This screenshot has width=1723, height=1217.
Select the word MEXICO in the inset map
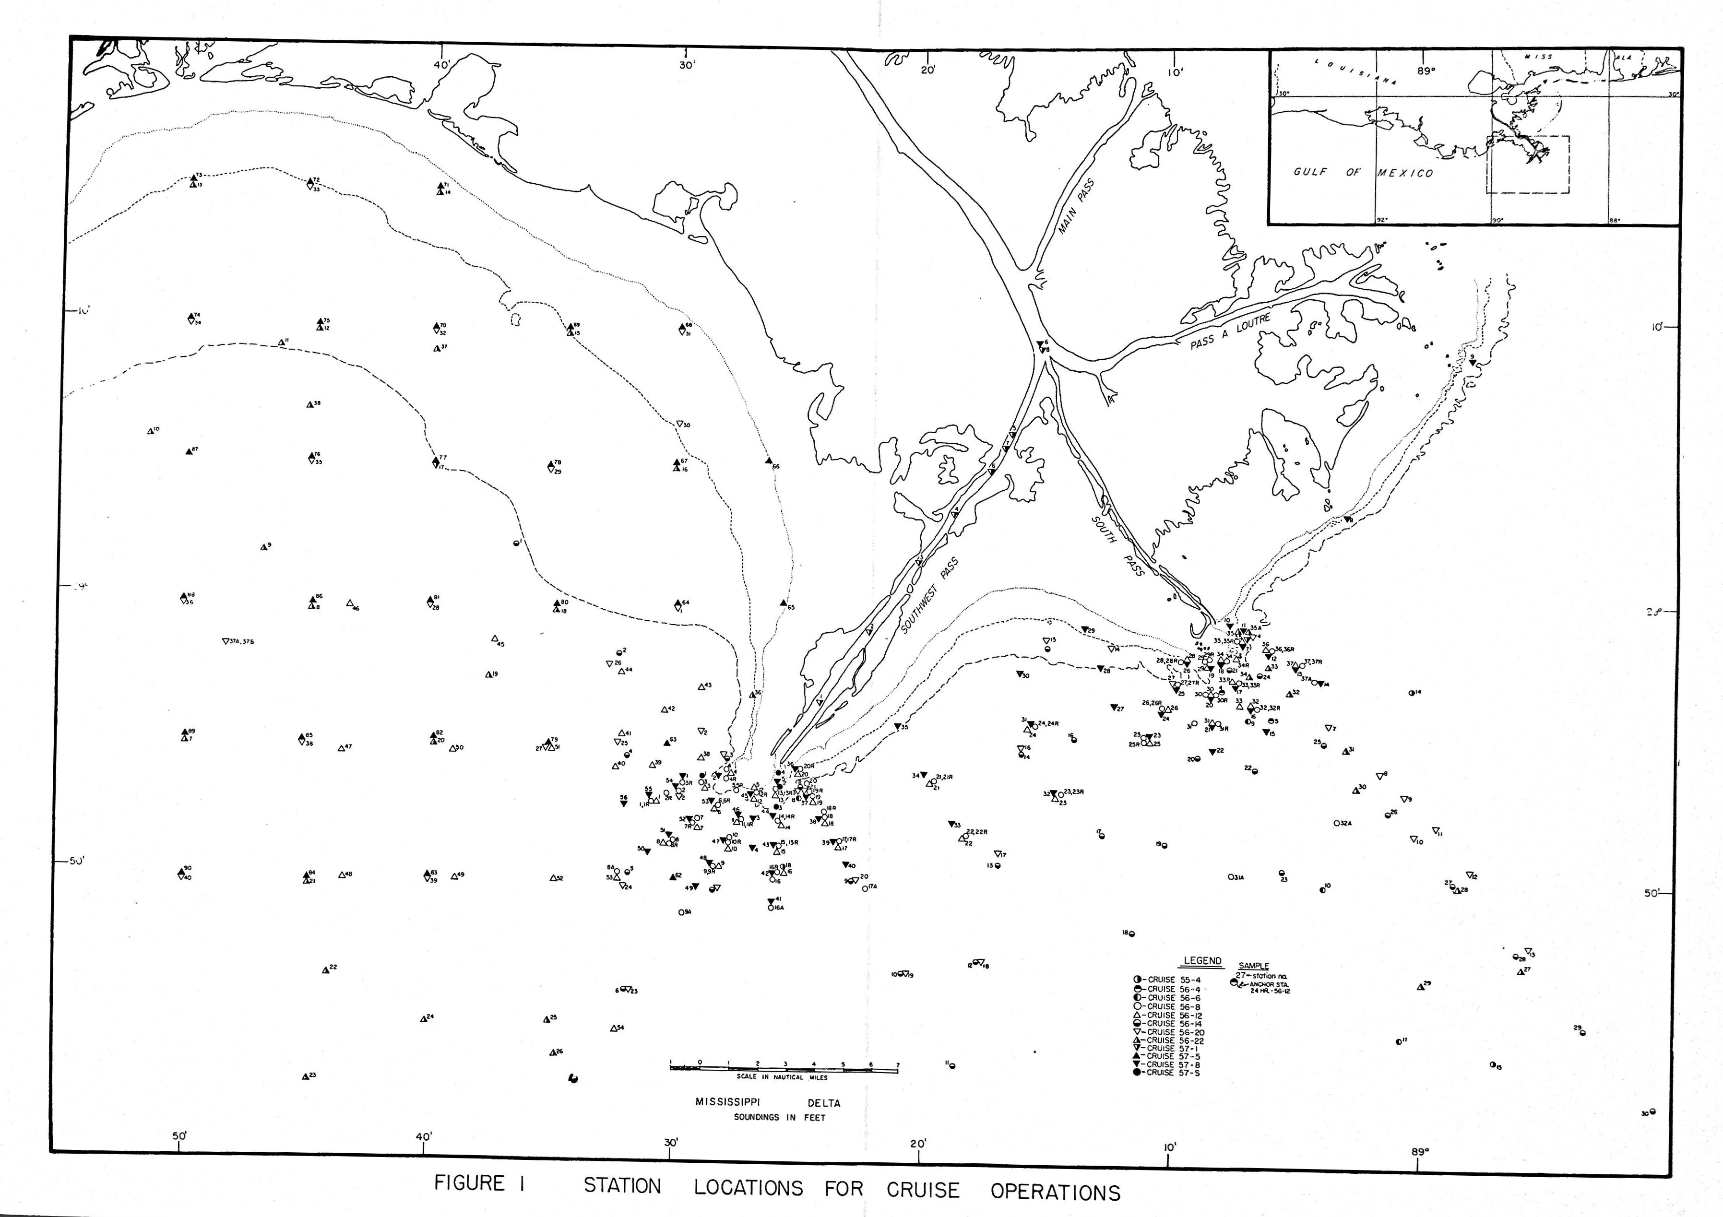coord(1405,173)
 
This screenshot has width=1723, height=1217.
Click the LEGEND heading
coord(1202,961)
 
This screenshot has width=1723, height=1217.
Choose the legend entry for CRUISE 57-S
coord(1169,1073)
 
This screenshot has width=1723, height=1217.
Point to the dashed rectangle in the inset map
coord(1528,165)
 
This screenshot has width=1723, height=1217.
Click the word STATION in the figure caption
coord(622,1186)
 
